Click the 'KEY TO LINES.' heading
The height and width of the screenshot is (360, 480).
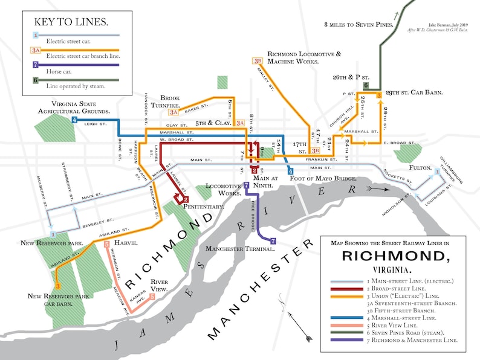71,22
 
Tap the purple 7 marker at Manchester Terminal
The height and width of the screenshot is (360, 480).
273,241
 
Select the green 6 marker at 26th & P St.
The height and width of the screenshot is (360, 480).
366,86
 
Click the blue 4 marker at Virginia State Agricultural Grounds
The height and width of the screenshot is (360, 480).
74,120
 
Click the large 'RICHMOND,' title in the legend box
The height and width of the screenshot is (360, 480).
395,256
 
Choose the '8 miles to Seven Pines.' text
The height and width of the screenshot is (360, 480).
359,25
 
